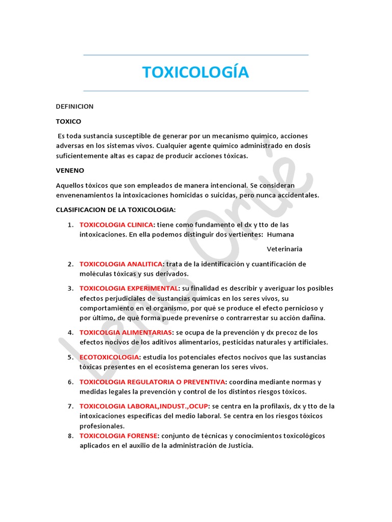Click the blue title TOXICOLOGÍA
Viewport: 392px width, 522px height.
195,72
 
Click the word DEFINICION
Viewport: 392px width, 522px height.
75,107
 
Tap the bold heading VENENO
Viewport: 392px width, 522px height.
70,170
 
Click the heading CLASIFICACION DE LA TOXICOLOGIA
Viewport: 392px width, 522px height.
115,210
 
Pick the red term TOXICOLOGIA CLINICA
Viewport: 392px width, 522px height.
116,224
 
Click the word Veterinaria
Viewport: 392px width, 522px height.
284,249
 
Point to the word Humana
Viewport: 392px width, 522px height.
280,234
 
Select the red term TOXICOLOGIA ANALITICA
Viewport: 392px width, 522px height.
120,264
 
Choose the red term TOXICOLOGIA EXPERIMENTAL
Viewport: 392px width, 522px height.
128,289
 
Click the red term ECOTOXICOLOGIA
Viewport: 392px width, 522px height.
109,357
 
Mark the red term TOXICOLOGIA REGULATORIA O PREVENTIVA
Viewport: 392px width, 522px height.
152,382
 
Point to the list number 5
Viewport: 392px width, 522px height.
69,357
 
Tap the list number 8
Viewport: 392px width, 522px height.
69,436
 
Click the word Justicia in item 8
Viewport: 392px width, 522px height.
239,446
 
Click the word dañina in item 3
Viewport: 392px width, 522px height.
314,318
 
